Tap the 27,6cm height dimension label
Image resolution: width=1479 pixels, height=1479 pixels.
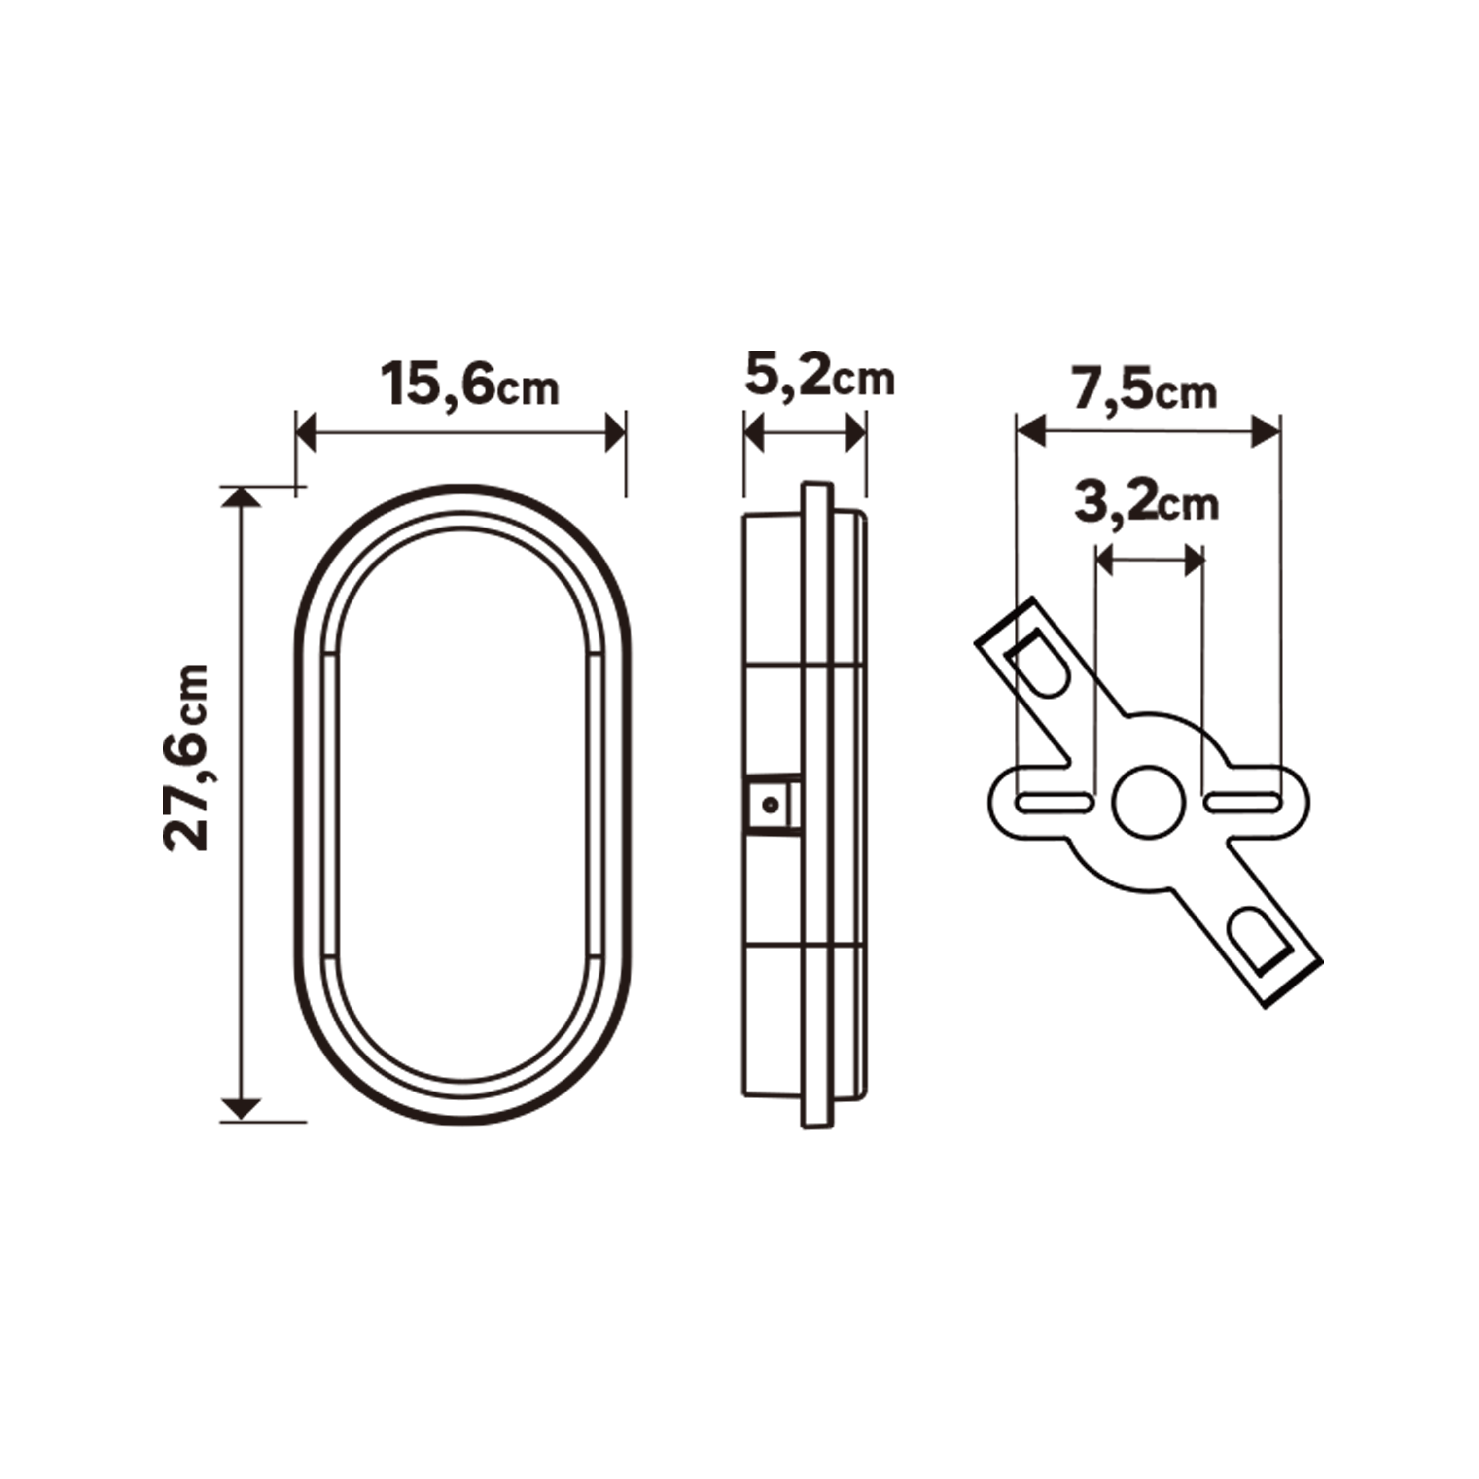[x=186, y=757]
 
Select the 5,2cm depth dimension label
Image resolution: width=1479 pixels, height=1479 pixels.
[x=819, y=376]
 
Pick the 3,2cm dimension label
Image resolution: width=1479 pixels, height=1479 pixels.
[x=1146, y=503]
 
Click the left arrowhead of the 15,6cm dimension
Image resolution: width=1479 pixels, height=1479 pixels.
[x=306, y=432]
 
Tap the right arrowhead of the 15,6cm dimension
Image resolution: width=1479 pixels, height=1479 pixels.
[x=615, y=432]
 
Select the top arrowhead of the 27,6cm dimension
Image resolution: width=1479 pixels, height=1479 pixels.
[x=241, y=497]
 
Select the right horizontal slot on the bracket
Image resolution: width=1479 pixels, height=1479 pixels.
[x=1242, y=802]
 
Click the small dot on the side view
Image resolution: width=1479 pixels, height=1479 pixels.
[x=771, y=805]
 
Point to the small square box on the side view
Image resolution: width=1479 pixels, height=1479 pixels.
[x=773, y=805]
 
